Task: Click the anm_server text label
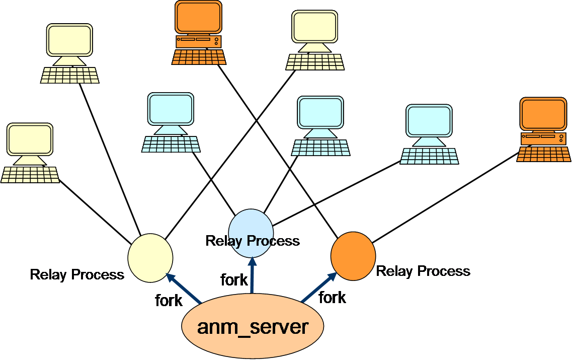coord(253,327)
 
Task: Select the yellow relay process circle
coord(150,257)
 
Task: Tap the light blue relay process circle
coord(251,231)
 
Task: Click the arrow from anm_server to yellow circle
coord(184,289)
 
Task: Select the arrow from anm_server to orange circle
coord(319,288)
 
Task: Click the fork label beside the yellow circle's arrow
coord(169,301)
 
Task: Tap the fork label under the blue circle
coord(234,279)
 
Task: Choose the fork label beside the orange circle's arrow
coord(333,298)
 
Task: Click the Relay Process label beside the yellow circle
coord(77,274)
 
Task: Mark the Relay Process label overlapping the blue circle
coord(253,241)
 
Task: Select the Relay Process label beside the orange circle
coord(423,271)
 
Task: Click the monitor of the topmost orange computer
coord(198,18)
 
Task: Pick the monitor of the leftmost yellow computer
coord(29,139)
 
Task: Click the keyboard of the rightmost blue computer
coord(429,156)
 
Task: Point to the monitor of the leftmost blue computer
coord(171,109)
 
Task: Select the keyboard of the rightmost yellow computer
coord(315,62)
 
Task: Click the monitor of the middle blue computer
coord(320,112)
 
